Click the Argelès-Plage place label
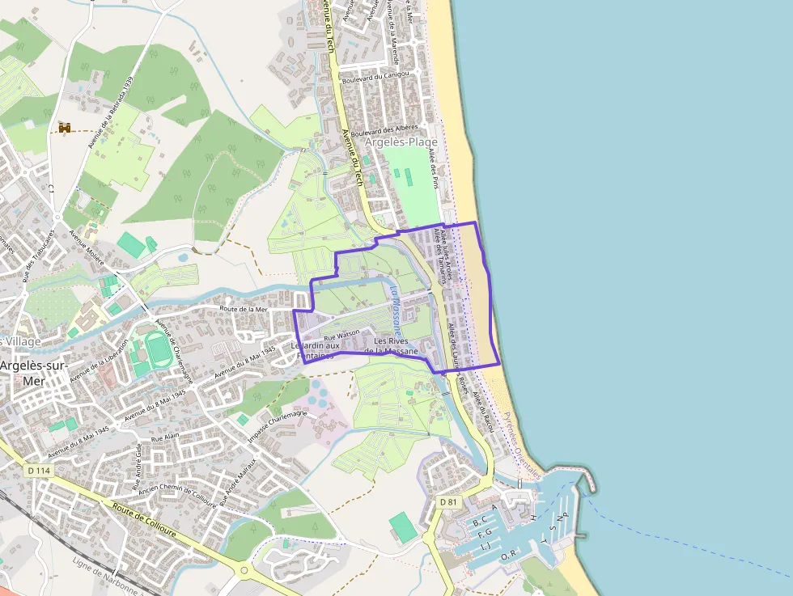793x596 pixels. coord(401,142)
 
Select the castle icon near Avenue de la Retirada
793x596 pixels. coord(65,127)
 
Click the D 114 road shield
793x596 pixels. coord(37,471)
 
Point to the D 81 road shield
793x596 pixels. coord(448,502)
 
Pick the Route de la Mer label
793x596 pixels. coord(244,309)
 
